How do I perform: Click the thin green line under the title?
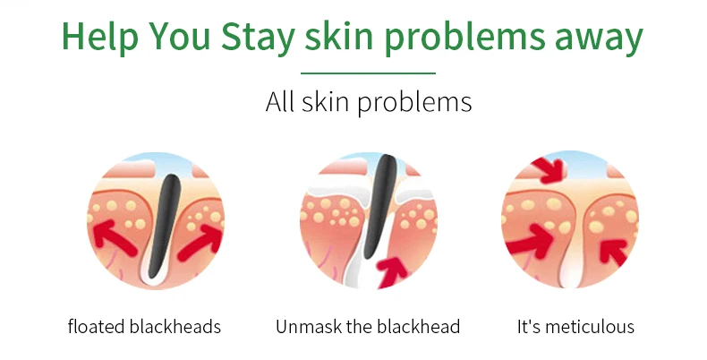click(368, 73)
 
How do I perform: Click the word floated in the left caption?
click(93, 326)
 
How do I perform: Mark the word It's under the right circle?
click(529, 326)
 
